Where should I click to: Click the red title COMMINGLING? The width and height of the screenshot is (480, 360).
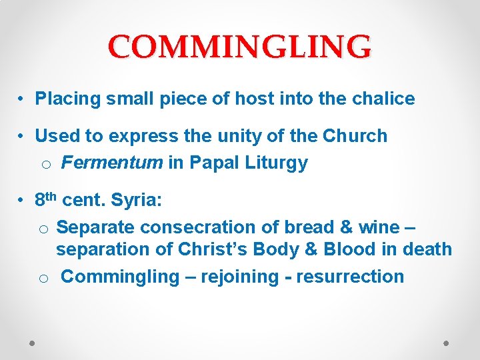click(240, 47)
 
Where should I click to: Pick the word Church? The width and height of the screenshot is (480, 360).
click(355, 136)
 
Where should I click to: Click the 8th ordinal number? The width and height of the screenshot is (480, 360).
click(45, 199)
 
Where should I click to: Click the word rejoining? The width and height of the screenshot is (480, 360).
click(237, 277)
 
